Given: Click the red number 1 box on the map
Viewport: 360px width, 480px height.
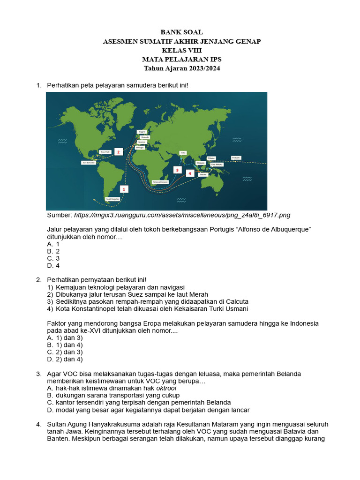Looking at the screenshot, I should tap(124, 189).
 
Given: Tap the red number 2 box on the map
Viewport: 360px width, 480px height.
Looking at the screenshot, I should tap(119, 152).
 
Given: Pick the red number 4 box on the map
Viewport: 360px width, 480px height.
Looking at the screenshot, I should tap(190, 173).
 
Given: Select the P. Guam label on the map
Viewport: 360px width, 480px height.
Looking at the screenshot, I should tap(236, 158).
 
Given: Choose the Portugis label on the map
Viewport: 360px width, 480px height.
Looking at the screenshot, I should tap(139, 148).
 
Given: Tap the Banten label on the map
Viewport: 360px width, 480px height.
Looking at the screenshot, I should tap(203, 174).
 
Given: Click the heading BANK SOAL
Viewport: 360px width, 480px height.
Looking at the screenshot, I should tap(181, 32).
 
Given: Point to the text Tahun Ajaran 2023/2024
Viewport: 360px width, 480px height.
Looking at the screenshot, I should tap(181, 68).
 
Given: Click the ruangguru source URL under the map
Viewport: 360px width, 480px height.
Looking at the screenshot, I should tap(182, 215).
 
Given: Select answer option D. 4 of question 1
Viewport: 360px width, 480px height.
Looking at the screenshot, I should tap(53, 266).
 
